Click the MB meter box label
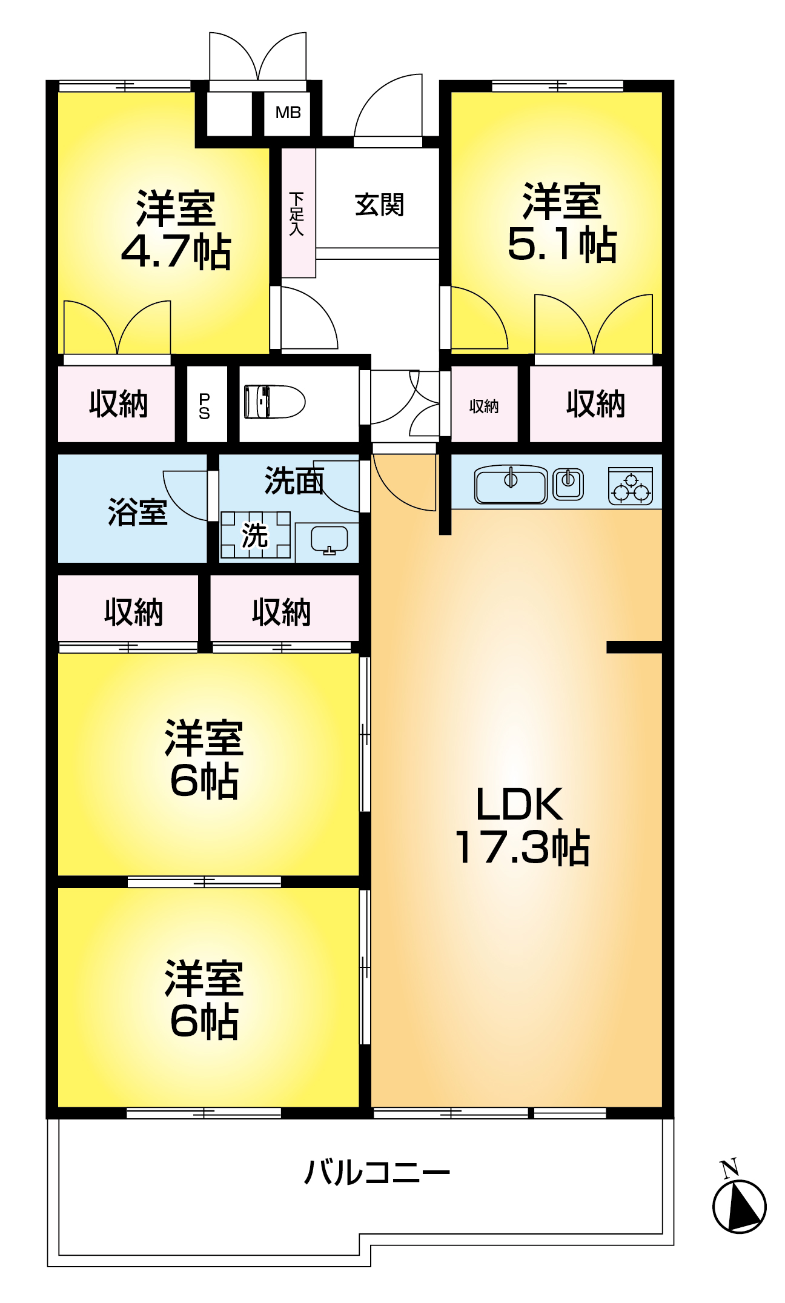288,113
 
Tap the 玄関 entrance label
379,205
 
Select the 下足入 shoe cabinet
298,213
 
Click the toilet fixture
274,402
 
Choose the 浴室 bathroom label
137,512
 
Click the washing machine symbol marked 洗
256,535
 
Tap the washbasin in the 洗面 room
329,540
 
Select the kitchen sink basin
511,485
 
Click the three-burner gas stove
631,486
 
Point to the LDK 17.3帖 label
521,825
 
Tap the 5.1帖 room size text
562,245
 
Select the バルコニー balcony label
377,1173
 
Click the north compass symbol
739,1205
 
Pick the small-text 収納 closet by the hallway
484,406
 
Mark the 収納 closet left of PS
118,403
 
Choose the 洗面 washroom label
294,481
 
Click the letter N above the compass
729,1168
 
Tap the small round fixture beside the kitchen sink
568,484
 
